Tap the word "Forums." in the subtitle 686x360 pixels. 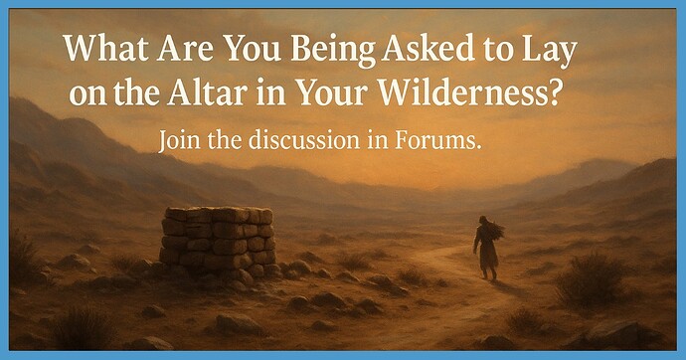(445, 142)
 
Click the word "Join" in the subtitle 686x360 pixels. (180, 142)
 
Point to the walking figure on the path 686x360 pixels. (488, 248)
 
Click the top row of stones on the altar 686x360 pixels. (219, 215)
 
